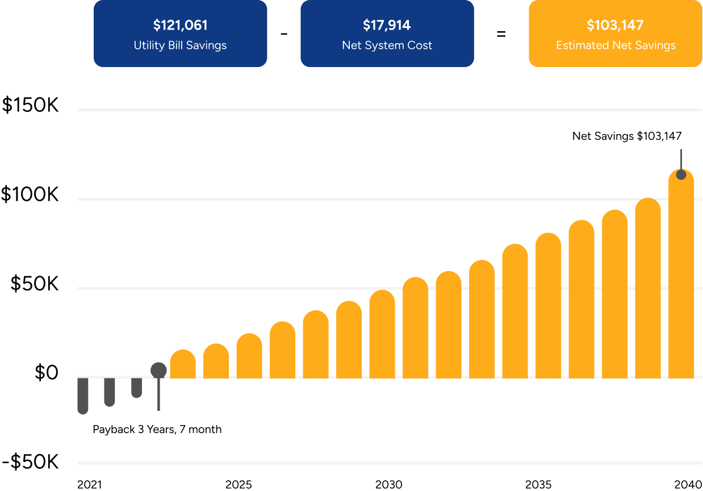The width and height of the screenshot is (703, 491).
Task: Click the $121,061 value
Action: (180, 26)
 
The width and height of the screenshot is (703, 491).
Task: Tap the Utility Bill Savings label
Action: (180, 45)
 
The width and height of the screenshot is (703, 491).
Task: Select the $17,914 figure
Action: (387, 26)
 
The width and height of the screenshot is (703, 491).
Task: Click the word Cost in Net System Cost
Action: (420, 45)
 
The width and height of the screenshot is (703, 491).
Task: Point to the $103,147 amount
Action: (615, 26)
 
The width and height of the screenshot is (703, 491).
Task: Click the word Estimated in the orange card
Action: (581, 45)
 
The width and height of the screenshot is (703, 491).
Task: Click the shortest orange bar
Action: (183, 365)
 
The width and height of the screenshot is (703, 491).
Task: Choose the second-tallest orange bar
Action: (648, 290)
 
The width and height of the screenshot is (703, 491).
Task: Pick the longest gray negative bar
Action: (83, 396)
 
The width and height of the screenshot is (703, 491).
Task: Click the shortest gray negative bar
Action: (136, 387)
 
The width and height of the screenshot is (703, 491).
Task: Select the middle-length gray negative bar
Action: (110, 392)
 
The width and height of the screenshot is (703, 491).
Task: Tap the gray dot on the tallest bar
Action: (681, 174)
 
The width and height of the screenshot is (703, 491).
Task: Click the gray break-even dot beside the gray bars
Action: (158, 371)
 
